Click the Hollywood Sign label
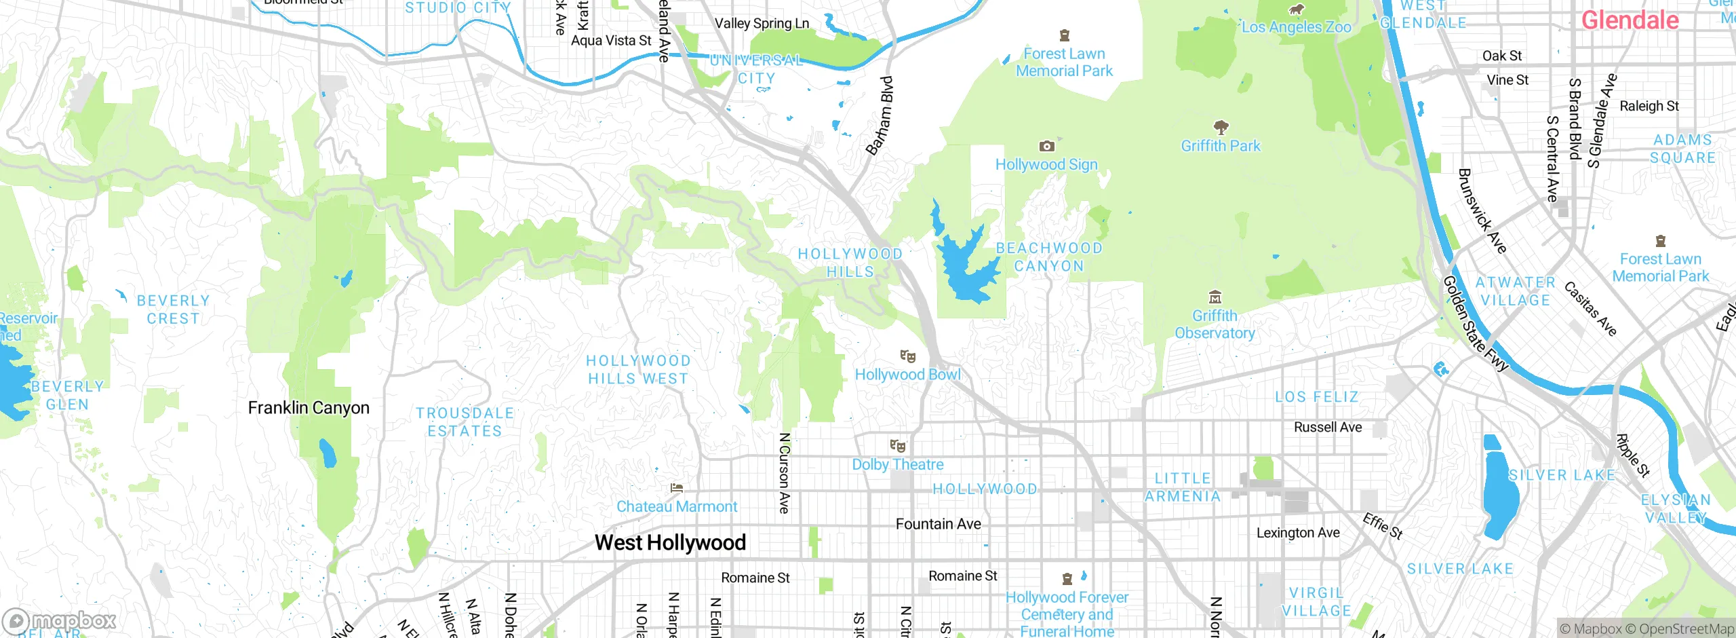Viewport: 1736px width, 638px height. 1046,164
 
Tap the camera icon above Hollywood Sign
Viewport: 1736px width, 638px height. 1046,146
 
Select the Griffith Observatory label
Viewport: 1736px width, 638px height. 1215,324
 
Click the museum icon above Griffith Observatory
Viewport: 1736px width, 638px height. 1215,297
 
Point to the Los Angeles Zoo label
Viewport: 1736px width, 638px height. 1296,27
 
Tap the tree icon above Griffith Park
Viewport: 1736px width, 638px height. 1221,127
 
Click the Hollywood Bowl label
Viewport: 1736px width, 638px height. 907,375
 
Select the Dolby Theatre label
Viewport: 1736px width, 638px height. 897,465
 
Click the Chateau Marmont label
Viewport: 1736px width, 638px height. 676,507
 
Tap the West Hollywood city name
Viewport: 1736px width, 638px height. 670,542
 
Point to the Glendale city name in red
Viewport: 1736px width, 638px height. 1630,20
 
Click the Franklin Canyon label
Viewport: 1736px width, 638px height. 309,408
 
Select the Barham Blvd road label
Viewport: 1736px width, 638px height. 880,115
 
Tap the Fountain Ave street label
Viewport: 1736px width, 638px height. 938,524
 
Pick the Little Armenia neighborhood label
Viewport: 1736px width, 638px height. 1183,487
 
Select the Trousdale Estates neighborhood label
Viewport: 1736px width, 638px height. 465,422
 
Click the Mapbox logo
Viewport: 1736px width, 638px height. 60,620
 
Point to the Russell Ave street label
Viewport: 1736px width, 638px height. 1327,428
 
